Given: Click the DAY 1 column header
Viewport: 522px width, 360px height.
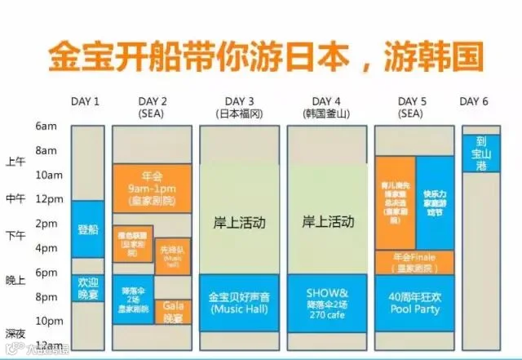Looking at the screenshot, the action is tap(86, 101).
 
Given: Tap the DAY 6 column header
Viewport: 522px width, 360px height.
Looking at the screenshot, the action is tap(474, 101).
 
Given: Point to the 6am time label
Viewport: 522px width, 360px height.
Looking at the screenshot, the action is tap(47, 127).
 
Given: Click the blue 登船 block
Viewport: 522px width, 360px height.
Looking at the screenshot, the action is tap(87, 230).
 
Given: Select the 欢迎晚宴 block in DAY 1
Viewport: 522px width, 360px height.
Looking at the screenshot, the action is tap(87, 288).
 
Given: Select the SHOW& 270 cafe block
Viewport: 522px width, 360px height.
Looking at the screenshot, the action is tap(328, 303).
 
